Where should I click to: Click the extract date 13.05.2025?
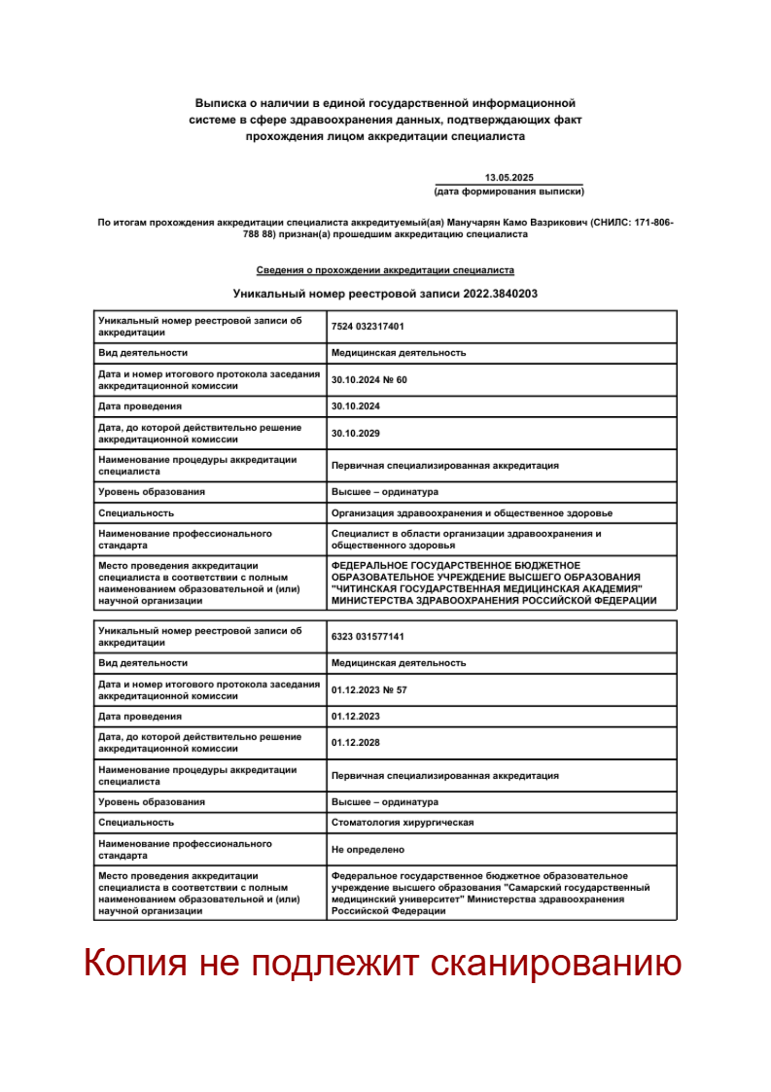[x=509, y=177]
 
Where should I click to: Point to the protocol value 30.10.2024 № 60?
[x=369, y=379]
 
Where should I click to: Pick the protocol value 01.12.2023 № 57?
[x=369, y=689]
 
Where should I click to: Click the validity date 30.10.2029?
[x=355, y=434]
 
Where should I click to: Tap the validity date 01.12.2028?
[x=355, y=743]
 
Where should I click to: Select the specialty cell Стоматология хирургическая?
[x=403, y=823]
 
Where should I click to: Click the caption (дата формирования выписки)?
[x=509, y=192]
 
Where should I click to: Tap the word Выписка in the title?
[x=221, y=102]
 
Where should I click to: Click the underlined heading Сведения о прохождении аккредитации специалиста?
[x=385, y=270]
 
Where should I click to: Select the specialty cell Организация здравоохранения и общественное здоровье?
[x=472, y=512]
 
